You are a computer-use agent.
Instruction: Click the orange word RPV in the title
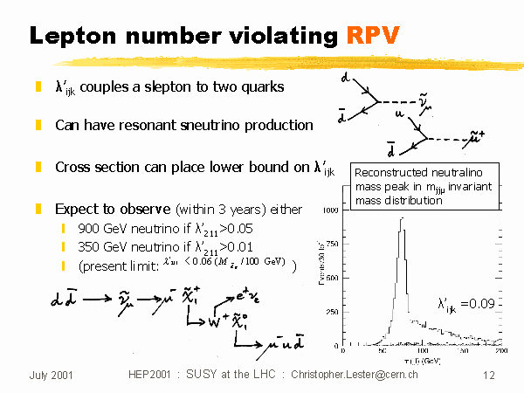tap(372, 36)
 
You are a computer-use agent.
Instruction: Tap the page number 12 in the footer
tap(489, 374)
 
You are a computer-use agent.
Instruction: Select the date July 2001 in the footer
tap(51, 374)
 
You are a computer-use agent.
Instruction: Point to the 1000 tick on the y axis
tap(332, 210)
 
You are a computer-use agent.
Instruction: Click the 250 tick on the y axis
tap(334, 312)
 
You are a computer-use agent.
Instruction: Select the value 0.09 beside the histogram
tap(486, 304)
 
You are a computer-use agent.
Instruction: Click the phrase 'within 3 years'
tap(238, 210)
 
